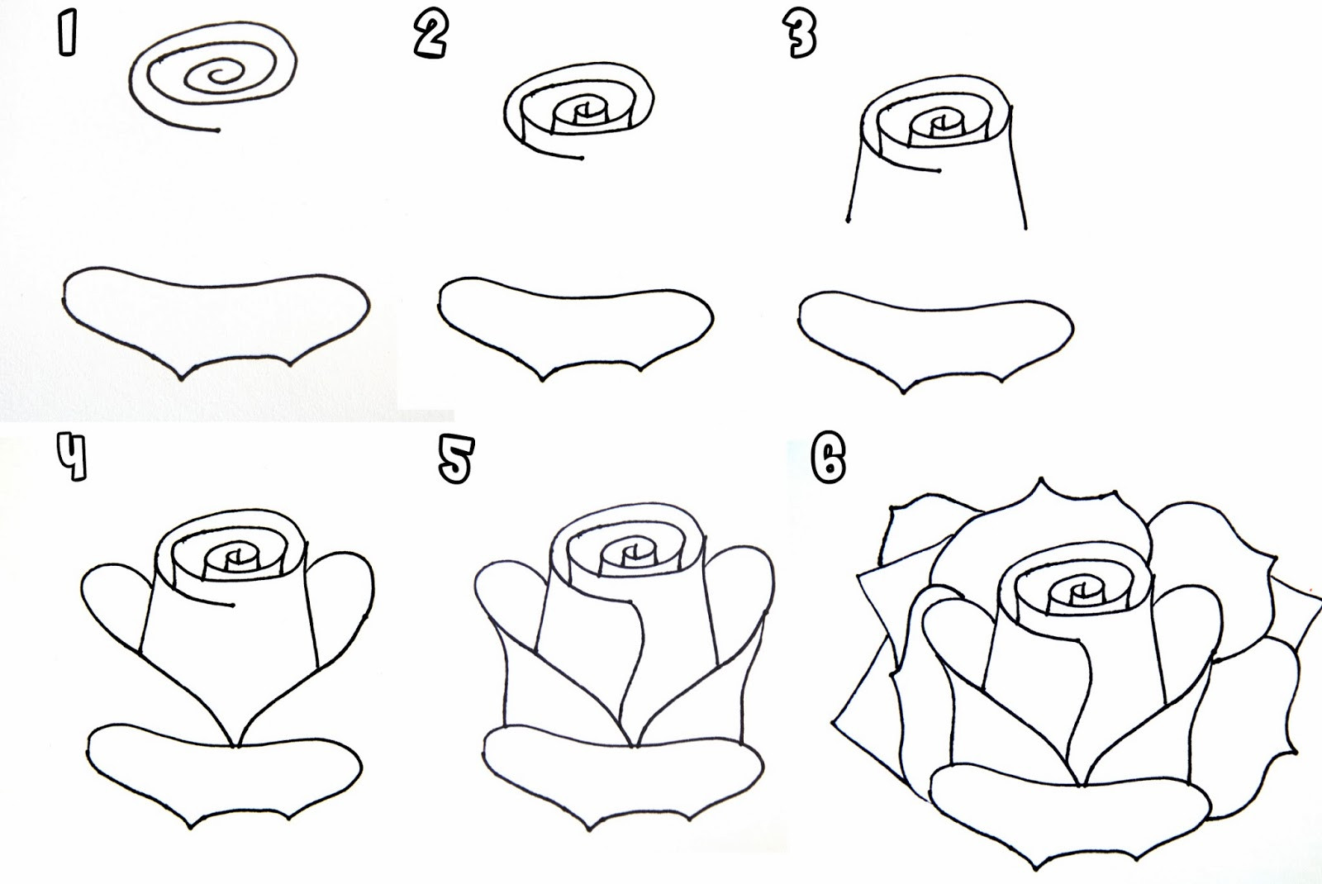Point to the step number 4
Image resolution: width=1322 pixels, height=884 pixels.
(x=72, y=457)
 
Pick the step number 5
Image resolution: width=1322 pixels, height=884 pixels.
(x=456, y=460)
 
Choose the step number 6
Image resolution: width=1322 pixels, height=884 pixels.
(x=829, y=459)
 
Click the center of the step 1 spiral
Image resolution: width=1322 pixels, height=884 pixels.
(x=219, y=77)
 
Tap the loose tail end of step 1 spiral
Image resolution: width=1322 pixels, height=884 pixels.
(x=217, y=130)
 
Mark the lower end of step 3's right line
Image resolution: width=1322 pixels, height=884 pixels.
(x=1025, y=227)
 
